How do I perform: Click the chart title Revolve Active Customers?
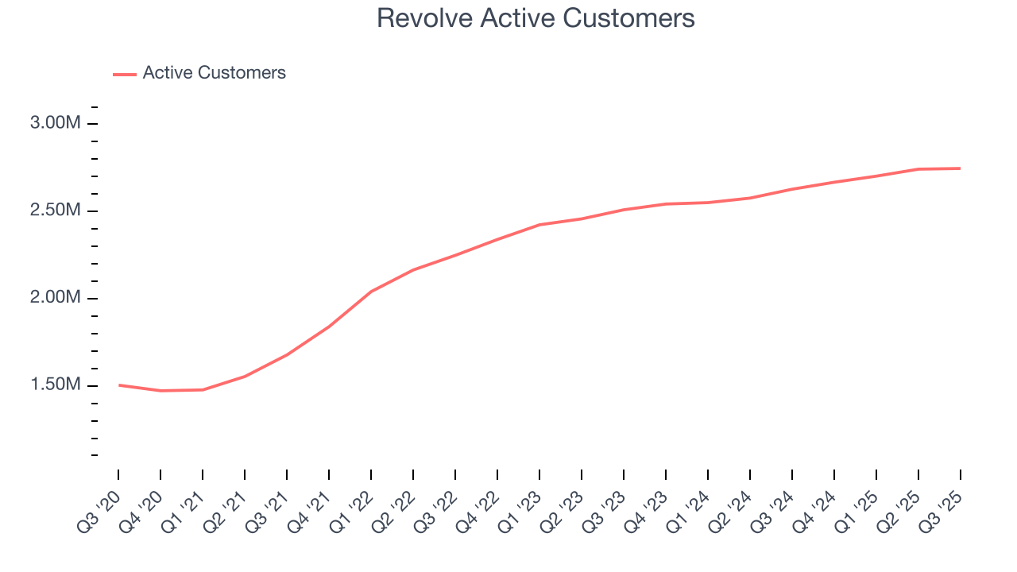536,17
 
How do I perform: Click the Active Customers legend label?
214,73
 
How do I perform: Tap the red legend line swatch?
125,74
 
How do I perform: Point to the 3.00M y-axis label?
55,124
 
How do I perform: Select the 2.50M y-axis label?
55,211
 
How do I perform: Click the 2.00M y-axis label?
55,298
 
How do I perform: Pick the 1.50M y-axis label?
55,385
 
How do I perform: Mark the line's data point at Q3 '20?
119,385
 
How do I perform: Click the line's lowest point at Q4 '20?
161,391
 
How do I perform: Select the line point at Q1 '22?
371,292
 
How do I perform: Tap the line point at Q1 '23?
539,225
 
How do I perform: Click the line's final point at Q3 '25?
960,168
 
